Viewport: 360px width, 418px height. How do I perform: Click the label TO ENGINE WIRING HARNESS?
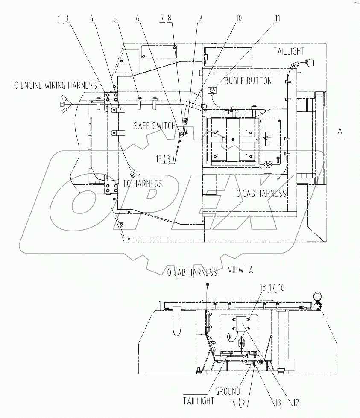(x=54, y=85)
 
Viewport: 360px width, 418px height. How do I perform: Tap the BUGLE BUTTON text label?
(x=248, y=81)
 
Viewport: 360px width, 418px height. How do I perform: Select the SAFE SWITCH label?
(x=155, y=126)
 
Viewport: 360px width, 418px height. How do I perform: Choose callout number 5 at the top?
(x=115, y=18)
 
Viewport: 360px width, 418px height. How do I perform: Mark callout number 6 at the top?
(x=137, y=18)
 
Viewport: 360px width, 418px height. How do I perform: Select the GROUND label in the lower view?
(x=227, y=391)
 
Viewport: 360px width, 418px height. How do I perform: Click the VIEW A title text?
(x=241, y=270)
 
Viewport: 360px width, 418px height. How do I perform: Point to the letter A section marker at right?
(x=340, y=131)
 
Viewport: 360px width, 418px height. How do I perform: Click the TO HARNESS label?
(x=142, y=184)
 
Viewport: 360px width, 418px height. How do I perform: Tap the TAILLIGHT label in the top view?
(x=289, y=51)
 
